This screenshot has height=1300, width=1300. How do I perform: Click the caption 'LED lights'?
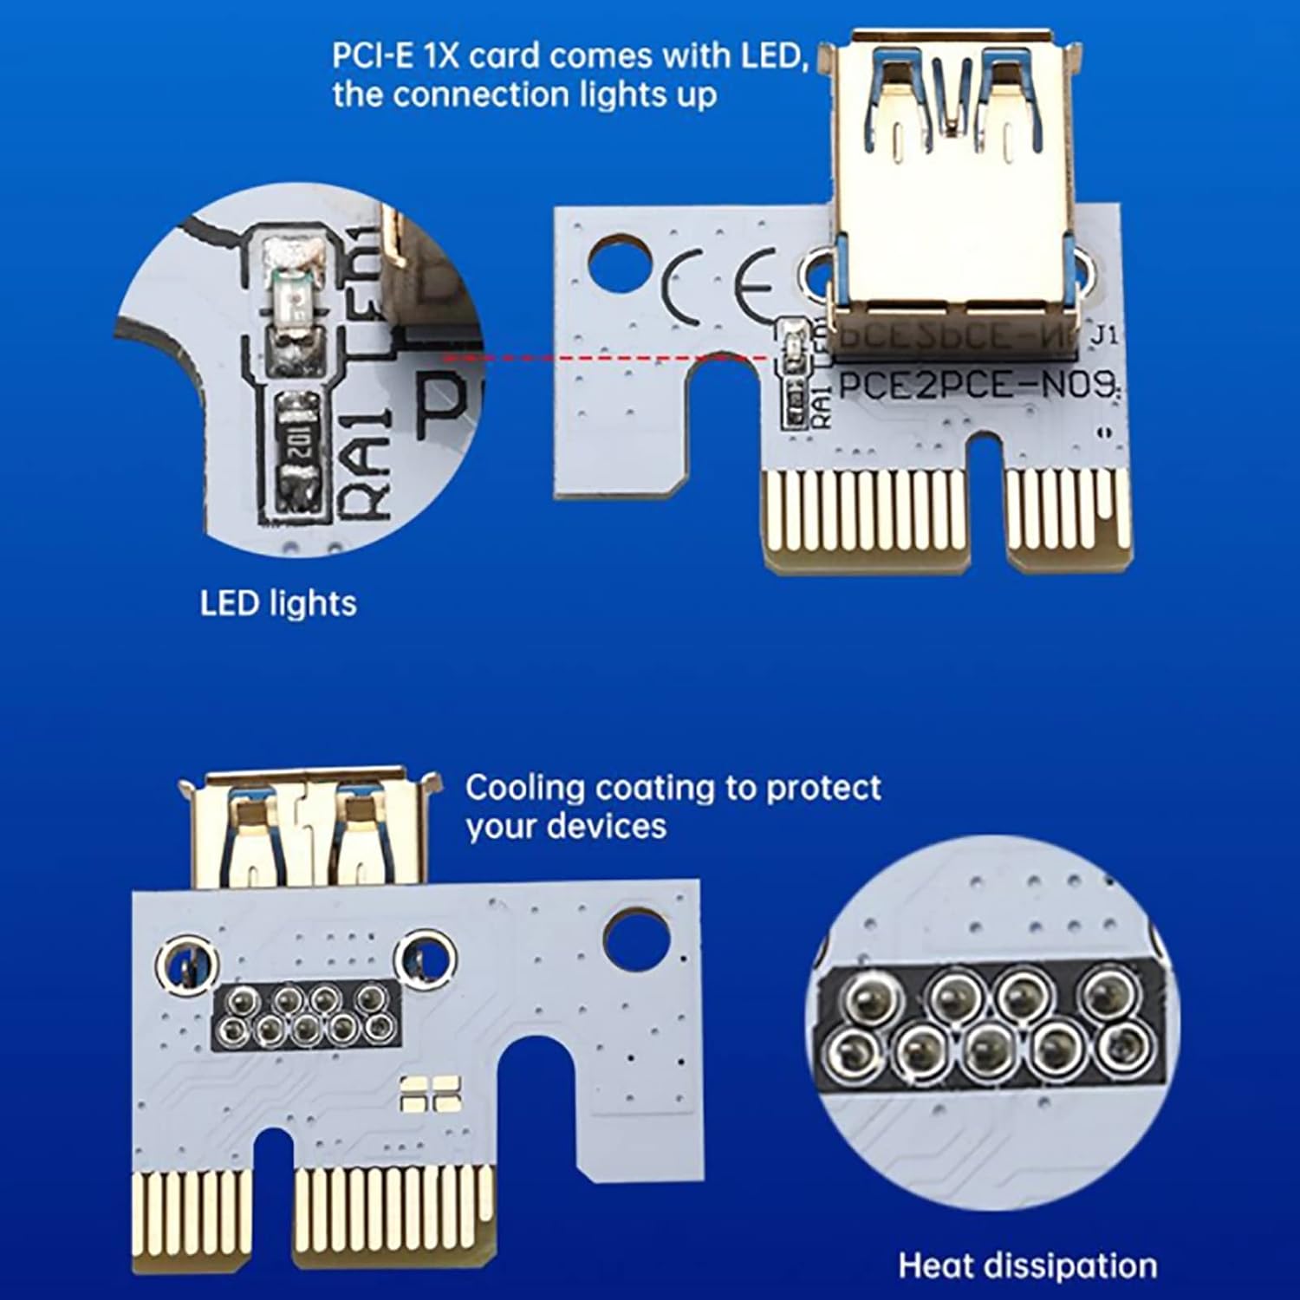tap(277, 603)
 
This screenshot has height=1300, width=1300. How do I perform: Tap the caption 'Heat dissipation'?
tap(1027, 1265)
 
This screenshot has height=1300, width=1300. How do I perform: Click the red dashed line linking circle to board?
tap(607, 356)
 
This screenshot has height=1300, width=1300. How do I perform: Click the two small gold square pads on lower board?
tap(430, 1094)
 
